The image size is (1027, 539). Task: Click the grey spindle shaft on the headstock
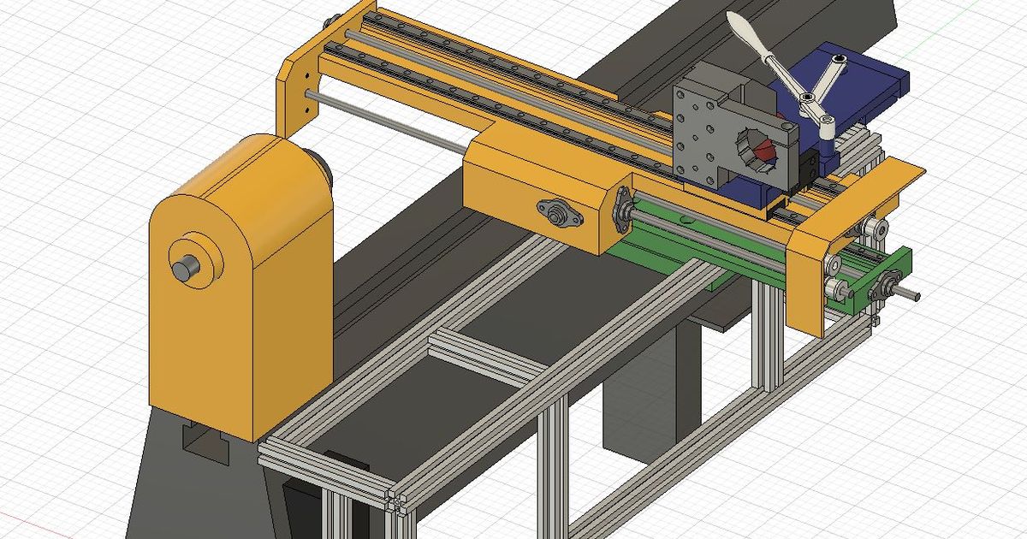coord(184,269)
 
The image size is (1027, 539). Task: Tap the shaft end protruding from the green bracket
coord(912,296)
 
